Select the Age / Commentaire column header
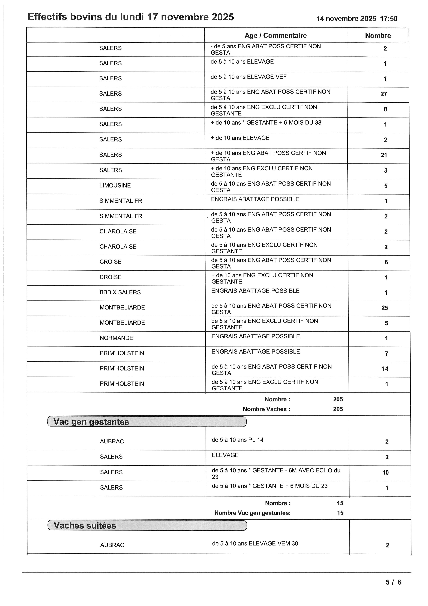(x=275, y=36)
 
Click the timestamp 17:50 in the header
(x=389, y=19)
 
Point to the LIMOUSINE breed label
(x=115, y=186)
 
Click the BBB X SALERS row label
(x=120, y=292)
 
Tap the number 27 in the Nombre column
(x=384, y=94)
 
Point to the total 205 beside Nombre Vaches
(x=338, y=409)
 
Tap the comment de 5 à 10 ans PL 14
(x=237, y=440)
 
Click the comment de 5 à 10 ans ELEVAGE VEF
(x=248, y=77)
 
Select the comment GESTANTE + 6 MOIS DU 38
(x=266, y=123)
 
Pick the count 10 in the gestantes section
(x=385, y=473)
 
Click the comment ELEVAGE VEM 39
(x=255, y=543)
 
